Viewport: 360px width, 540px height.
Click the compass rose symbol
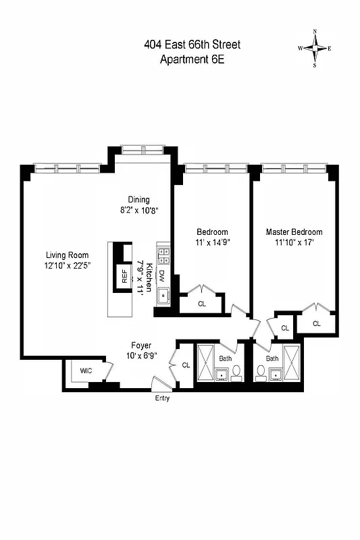pos(315,48)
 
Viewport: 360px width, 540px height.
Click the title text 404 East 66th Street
pos(192,45)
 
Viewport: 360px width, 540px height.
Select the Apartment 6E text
pos(192,59)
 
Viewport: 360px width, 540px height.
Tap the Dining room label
pos(138,199)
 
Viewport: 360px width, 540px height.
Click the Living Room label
pos(68,255)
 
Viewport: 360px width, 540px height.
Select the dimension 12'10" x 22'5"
pos(68,265)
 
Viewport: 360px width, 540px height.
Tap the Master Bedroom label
pos(294,232)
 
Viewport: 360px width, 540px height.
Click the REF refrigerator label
pos(124,276)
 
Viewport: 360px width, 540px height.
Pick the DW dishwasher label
pos(162,275)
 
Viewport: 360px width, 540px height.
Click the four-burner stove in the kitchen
pos(163,254)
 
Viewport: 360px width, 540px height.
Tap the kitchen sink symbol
pos(163,296)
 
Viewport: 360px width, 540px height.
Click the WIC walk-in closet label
pos(86,371)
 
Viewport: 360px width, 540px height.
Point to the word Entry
pos(162,399)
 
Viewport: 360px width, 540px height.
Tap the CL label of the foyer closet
pos(186,365)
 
